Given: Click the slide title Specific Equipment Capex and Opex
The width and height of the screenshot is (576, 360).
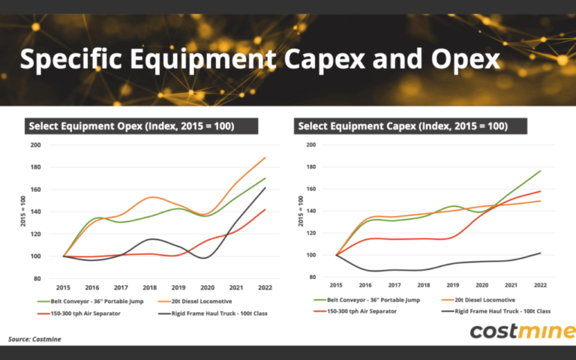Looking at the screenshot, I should click(x=259, y=59).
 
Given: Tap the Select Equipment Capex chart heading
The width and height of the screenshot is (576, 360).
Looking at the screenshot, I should click(x=402, y=126).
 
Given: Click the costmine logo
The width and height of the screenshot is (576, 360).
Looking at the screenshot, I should click(x=522, y=331).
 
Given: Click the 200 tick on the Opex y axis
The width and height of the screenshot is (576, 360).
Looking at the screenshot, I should click(x=35, y=145).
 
